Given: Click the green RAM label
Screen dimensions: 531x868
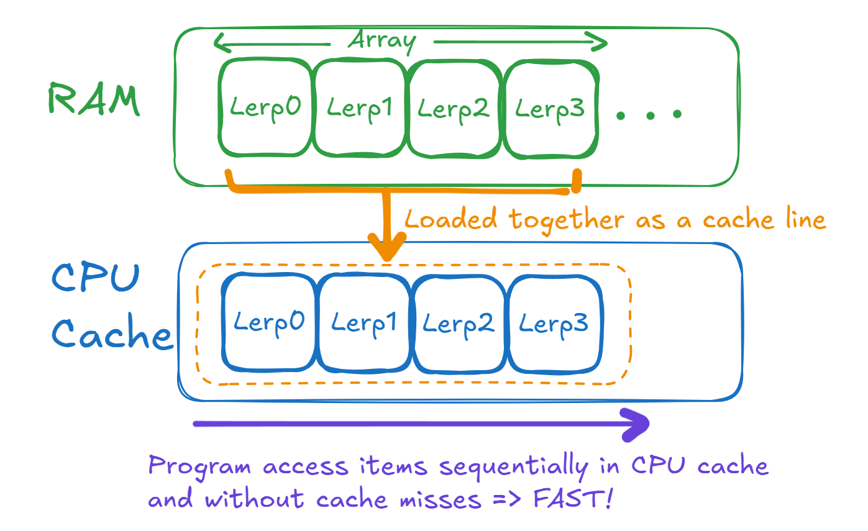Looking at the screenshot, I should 93,101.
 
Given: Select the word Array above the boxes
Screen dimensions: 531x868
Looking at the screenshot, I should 381,41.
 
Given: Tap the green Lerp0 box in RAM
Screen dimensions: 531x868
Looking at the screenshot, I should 265,108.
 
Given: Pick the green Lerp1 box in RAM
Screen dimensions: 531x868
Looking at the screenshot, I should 360,108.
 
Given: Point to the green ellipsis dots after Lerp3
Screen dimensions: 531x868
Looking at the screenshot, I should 649,114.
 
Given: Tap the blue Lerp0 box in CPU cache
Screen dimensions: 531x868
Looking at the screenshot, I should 269,322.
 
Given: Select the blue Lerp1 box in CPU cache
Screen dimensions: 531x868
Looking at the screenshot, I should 364,323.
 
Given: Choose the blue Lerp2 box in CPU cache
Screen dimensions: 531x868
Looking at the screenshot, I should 459,323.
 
